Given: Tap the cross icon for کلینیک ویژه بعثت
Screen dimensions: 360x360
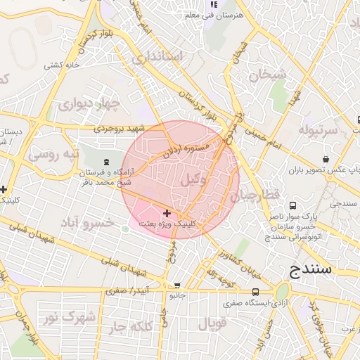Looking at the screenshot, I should [x=167, y=213].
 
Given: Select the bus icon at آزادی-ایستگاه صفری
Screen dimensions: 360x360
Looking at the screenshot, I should [x=255, y=292].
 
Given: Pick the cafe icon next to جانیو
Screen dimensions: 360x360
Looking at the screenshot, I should [x=176, y=286].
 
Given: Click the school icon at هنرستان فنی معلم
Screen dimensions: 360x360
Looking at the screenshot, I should [x=211, y=5].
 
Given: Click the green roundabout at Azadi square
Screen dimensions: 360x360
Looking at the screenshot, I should [x=283, y=291].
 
